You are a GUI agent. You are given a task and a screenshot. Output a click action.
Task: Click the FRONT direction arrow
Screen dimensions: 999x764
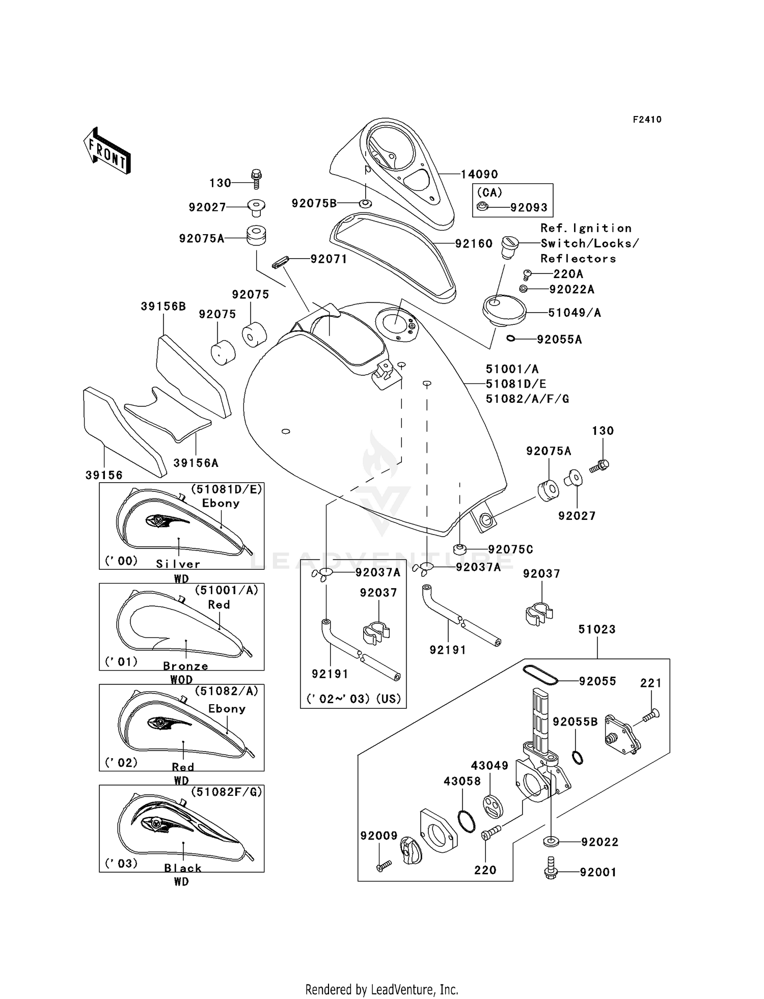[x=107, y=151]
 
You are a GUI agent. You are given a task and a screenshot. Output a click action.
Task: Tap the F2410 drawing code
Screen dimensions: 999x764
[x=647, y=120]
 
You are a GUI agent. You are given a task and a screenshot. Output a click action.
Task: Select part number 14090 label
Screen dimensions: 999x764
[x=479, y=175]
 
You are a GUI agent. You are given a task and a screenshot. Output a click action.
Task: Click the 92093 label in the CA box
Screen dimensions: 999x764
[x=529, y=208]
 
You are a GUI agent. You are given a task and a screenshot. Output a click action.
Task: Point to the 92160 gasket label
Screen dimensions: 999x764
[x=474, y=244]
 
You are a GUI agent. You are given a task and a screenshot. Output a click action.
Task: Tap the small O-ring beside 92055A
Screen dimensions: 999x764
[x=510, y=338]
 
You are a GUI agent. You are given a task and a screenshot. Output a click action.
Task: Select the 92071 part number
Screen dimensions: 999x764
[x=329, y=259]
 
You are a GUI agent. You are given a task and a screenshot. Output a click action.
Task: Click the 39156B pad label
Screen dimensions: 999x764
[x=163, y=307]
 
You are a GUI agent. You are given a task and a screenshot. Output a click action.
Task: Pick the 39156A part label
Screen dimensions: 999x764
[x=196, y=463]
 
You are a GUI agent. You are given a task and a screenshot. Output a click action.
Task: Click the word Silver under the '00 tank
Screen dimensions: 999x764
[x=178, y=564]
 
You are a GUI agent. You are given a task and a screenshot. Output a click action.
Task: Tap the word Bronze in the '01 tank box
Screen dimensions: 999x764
[x=185, y=666]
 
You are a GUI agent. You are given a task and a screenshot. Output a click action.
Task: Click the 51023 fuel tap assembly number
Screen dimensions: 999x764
[x=597, y=629]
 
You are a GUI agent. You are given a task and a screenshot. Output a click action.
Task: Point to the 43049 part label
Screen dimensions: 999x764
[x=489, y=766]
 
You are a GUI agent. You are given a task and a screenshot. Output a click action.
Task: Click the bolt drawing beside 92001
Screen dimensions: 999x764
[x=551, y=872]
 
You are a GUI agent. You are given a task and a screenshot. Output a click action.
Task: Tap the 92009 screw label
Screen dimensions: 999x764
[x=378, y=836]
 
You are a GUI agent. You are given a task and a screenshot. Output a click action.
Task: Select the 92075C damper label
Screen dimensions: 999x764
[x=510, y=549]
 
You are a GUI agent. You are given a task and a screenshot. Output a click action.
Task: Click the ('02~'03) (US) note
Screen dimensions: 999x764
[x=353, y=699]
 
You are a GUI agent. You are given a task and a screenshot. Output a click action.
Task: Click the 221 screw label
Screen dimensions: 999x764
[x=650, y=683]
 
